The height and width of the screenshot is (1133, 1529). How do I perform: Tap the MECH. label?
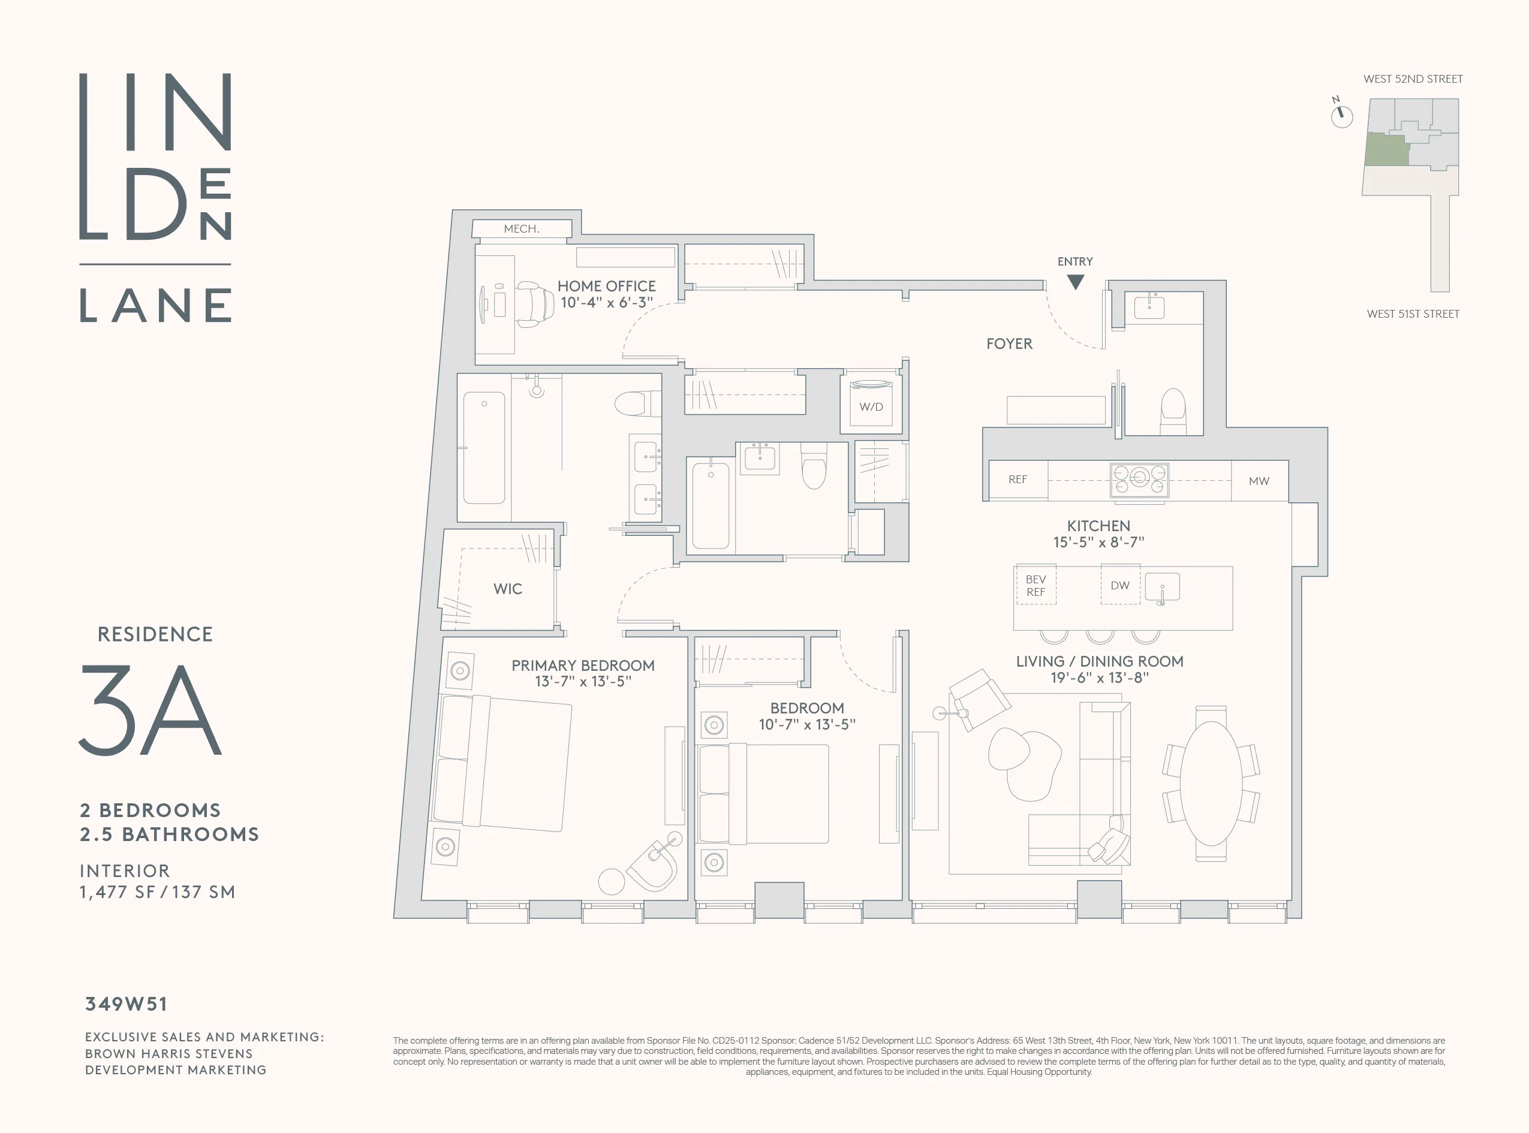(521, 229)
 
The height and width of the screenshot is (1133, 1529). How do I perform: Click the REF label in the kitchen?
(1018, 480)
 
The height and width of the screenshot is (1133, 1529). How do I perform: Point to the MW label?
(1259, 481)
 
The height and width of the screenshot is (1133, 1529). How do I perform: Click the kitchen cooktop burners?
(1139, 480)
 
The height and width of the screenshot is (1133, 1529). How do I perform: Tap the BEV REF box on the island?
(1036, 586)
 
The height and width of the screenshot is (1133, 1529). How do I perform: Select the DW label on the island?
(1119, 585)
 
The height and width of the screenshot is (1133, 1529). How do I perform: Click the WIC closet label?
(508, 589)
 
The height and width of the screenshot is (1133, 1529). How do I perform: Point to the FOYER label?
(1009, 343)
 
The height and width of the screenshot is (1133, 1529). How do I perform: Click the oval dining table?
(1211, 784)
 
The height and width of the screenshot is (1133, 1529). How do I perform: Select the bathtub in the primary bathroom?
(484, 447)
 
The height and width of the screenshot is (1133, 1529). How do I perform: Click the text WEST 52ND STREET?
(1413, 79)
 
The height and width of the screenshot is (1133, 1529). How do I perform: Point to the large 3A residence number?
(151, 710)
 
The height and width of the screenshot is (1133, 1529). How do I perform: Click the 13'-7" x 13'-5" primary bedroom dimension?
(583, 682)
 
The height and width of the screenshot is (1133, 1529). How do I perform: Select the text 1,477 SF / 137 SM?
(157, 892)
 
